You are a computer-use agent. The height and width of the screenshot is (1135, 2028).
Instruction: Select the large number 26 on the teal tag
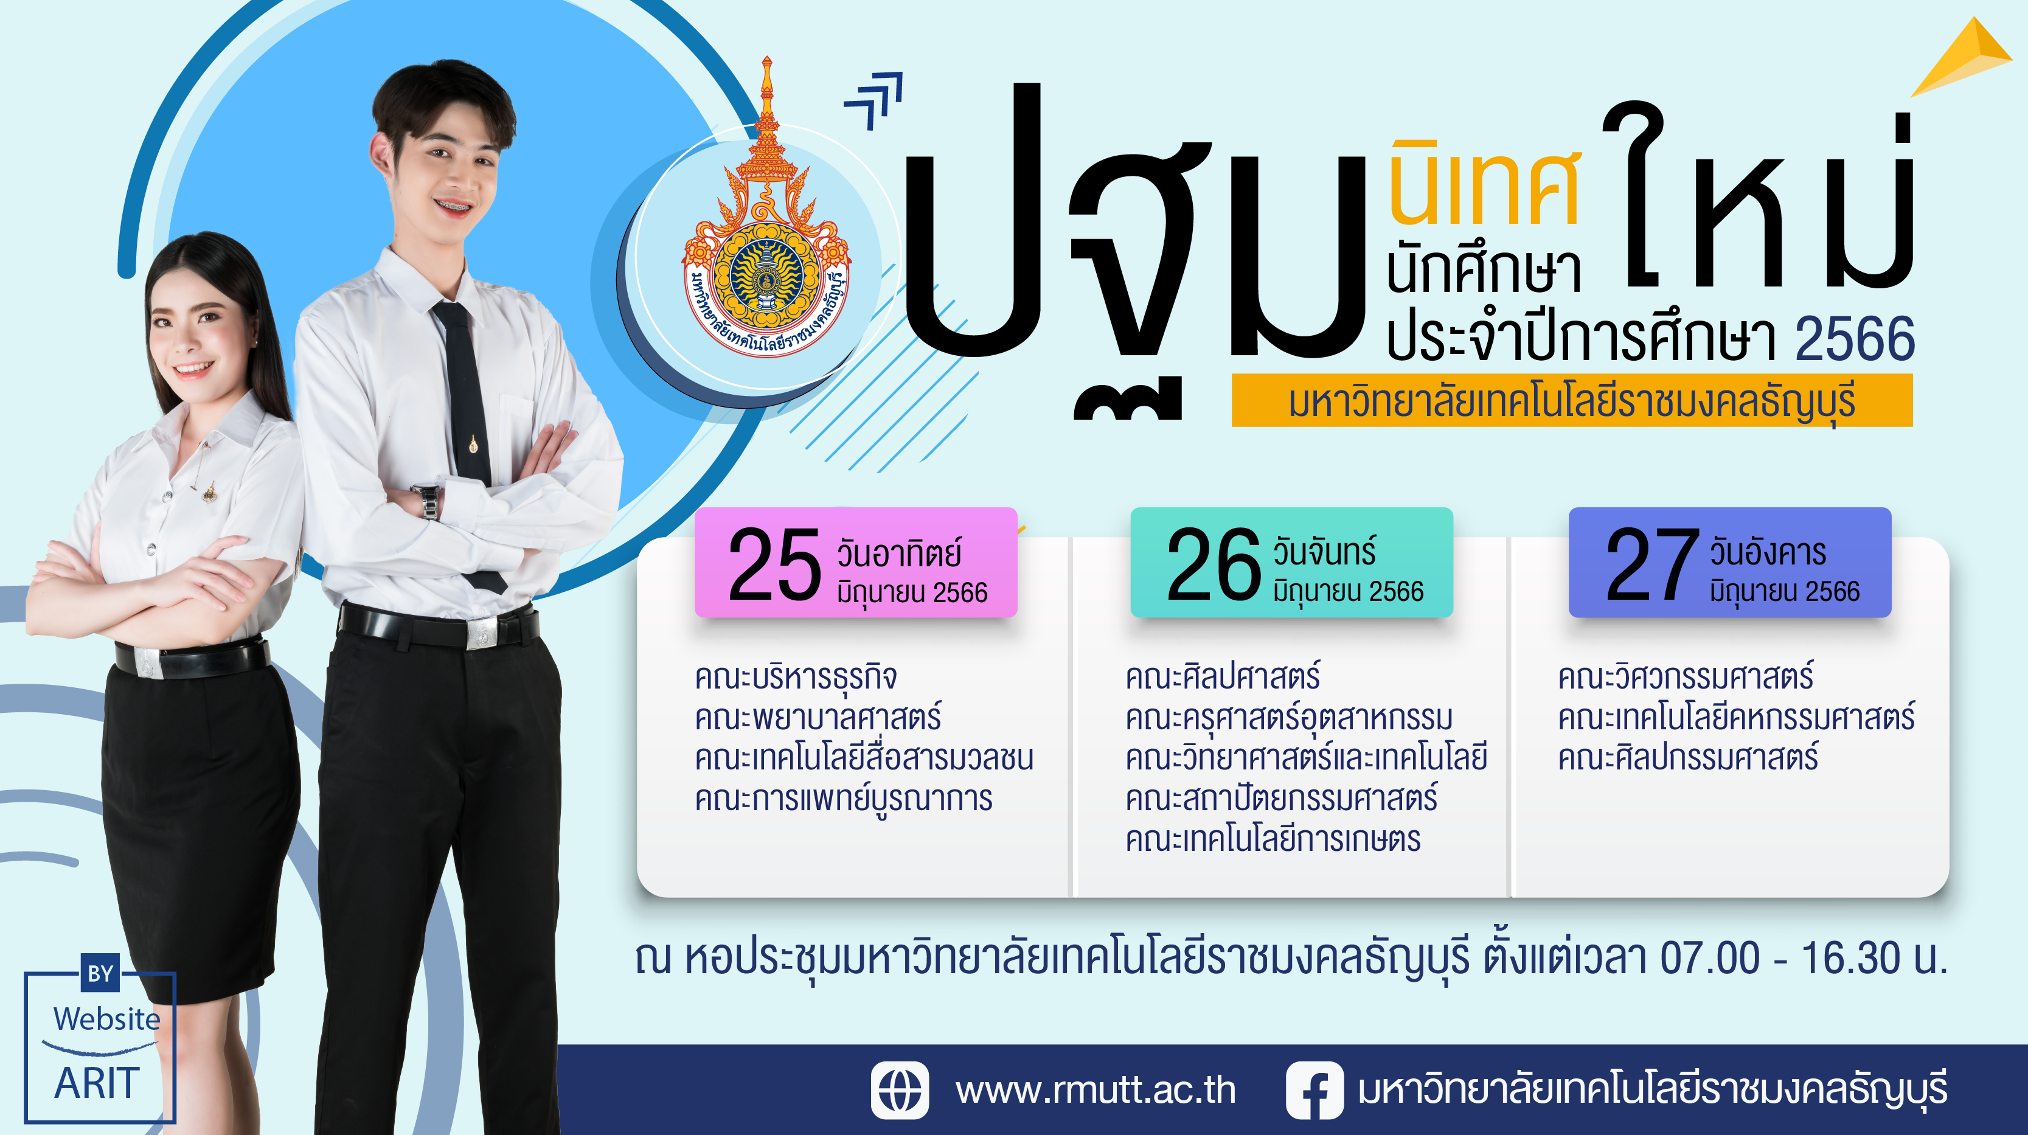[x=1213, y=564]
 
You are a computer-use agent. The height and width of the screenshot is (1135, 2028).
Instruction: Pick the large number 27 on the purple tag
[x=1651, y=564]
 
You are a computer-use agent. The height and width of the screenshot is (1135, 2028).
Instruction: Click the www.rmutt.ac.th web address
[x=1095, y=1090]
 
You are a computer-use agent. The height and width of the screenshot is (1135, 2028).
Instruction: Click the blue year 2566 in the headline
[x=1855, y=338]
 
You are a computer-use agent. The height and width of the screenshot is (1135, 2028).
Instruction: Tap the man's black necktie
[x=468, y=441]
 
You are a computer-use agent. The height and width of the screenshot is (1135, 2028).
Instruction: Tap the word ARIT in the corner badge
[x=97, y=1083]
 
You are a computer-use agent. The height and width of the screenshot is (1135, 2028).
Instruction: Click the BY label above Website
[x=100, y=974]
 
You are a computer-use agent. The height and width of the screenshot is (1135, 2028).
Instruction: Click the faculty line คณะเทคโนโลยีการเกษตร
[x=1273, y=839]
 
